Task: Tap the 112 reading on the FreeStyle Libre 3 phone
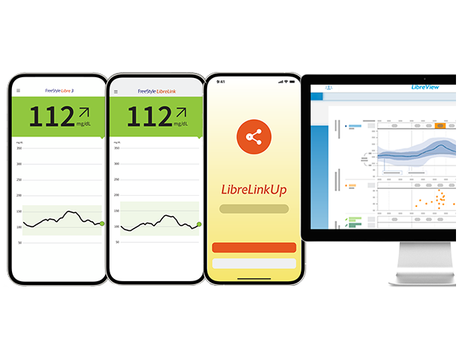point(51,117)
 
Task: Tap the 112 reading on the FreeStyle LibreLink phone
point(148,117)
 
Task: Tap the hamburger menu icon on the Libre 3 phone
point(19,91)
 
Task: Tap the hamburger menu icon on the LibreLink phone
point(116,91)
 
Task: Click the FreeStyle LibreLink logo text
point(160,91)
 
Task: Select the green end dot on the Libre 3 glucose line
point(102,223)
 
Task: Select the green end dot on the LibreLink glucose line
point(199,223)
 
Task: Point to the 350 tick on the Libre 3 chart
point(19,148)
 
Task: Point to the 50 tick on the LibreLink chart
point(117,243)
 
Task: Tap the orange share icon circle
point(253,136)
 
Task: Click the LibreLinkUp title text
point(253,190)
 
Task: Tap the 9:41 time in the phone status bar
point(220,81)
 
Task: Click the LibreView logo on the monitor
point(425,88)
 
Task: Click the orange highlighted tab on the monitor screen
point(440,125)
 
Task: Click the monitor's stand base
point(421,280)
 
